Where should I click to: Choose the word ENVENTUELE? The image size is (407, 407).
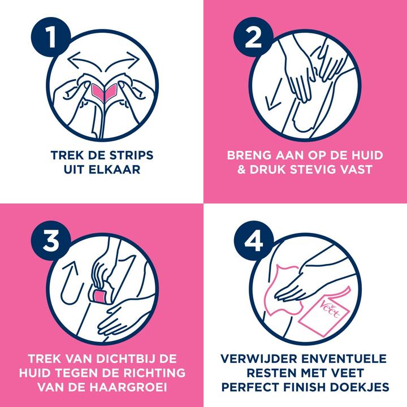[345, 358]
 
